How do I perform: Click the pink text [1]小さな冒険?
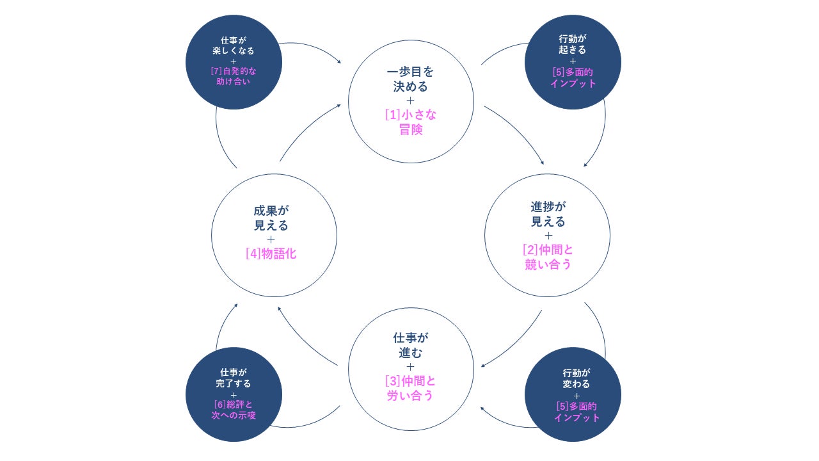pyautogui.click(x=411, y=122)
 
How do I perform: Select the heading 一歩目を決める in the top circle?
pyautogui.click(x=411, y=78)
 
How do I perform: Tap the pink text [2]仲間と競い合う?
pyautogui.click(x=548, y=256)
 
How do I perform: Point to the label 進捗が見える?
pyautogui.click(x=548, y=214)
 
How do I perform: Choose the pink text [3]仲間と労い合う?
pyautogui.click(x=411, y=388)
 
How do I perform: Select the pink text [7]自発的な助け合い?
pyautogui.click(x=234, y=77)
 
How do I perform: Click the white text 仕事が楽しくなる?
pyautogui.click(x=234, y=45)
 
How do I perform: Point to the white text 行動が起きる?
pyautogui.click(x=572, y=45)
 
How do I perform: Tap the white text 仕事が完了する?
pyautogui.click(x=234, y=378)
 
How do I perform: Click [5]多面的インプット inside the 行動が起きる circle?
pyautogui.click(x=573, y=77)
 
